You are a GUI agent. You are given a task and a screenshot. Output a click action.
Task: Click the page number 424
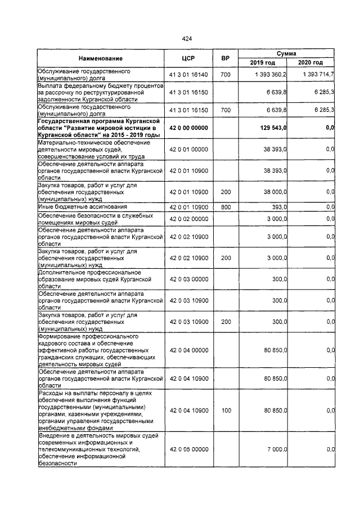(187, 39)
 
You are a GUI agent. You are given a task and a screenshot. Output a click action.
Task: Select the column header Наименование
(101, 58)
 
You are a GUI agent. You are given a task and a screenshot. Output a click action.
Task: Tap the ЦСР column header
(188, 58)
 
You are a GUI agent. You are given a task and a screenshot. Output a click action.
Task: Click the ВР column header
(226, 58)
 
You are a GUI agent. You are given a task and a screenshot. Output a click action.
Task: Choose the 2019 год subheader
(263, 62)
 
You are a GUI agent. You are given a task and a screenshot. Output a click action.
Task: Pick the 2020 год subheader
(310, 62)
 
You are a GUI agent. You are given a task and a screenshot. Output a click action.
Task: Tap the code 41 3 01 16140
(189, 75)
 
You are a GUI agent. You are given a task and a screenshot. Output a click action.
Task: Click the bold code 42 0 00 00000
(189, 128)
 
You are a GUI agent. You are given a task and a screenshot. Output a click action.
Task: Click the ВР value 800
(226, 208)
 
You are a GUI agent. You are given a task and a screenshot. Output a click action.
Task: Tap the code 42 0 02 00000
(189, 219)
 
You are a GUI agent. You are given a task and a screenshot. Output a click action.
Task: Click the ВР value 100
(226, 411)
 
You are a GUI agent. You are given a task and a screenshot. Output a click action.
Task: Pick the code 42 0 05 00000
(189, 449)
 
